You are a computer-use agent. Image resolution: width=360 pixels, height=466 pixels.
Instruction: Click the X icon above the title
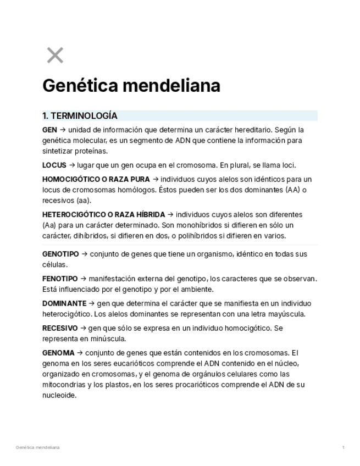tap(55, 56)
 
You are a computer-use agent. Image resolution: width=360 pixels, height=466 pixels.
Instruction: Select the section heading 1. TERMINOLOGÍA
tap(80, 116)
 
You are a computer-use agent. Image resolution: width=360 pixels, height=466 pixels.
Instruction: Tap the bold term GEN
tap(49, 130)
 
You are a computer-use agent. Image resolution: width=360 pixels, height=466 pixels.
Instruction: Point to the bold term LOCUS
tap(54, 165)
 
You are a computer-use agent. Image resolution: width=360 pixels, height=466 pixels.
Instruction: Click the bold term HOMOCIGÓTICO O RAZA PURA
tap(96, 179)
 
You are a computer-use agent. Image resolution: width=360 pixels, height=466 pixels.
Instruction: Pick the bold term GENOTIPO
tap(60, 254)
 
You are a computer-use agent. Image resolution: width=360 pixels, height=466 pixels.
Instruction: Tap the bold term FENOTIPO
tap(60, 279)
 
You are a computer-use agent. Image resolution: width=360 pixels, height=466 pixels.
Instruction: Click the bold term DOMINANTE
tap(64, 303)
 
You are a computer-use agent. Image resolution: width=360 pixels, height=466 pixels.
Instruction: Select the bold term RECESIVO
tap(60, 328)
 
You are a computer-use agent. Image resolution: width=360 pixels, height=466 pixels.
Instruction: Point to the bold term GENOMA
tap(58, 353)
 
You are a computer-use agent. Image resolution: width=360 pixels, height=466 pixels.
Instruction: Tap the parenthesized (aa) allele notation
tap(83, 201)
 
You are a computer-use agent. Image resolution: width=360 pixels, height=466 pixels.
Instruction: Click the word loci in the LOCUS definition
tap(289, 165)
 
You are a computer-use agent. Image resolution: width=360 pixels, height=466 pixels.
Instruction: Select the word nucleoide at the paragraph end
tap(59, 395)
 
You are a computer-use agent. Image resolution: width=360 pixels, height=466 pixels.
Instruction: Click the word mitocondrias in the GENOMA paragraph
tap(64, 385)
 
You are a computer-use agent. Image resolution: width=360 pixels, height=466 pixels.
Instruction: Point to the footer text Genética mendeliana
tap(38, 447)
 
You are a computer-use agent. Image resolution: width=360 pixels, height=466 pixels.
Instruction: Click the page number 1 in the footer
tap(344, 447)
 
